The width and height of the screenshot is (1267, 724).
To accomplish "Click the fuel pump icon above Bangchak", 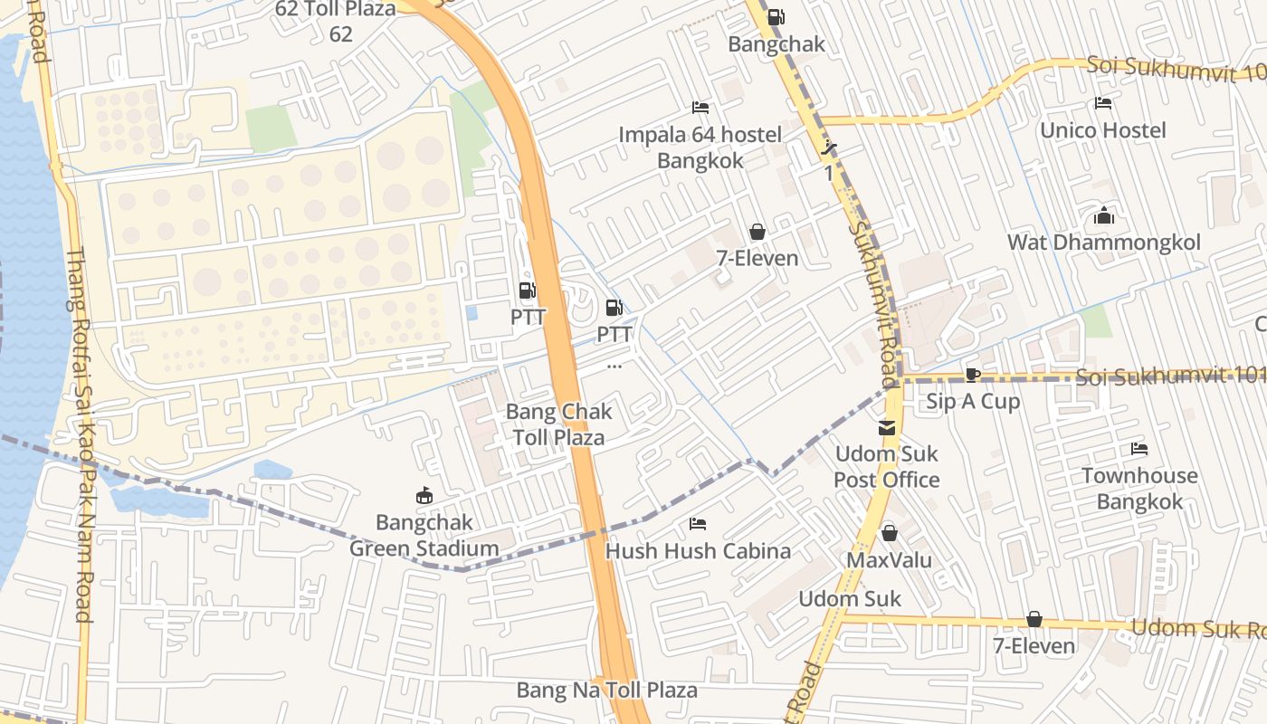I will pyautogui.click(x=776, y=17).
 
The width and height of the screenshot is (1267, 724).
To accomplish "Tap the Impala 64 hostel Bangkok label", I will pyautogui.click(x=700, y=148).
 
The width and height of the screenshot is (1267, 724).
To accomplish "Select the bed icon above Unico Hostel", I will pyautogui.click(x=1102, y=103).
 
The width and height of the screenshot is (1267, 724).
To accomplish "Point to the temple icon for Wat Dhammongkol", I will pyautogui.click(x=1103, y=215).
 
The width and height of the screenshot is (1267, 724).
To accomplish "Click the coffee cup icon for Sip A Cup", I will pyautogui.click(x=972, y=375).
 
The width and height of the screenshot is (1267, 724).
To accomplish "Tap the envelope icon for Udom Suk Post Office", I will pyautogui.click(x=886, y=427).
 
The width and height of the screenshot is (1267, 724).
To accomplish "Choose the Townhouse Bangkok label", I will pyautogui.click(x=1139, y=488).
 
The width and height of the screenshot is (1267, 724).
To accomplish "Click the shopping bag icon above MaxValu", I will pyautogui.click(x=889, y=533).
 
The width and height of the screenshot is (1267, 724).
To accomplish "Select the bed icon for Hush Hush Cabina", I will pyautogui.click(x=697, y=524).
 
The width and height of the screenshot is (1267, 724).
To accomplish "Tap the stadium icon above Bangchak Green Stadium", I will pyautogui.click(x=423, y=495).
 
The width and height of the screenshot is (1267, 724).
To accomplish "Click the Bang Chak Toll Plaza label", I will pyautogui.click(x=559, y=424).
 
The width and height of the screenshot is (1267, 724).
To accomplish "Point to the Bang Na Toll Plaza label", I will pyautogui.click(x=606, y=690).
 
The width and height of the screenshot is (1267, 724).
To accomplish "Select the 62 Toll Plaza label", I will pyautogui.click(x=337, y=21).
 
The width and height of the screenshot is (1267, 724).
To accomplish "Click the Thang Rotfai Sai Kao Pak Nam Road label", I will pyautogui.click(x=80, y=434).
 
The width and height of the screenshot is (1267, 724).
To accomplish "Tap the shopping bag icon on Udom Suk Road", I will pyautogui.click(x=1034, y=619).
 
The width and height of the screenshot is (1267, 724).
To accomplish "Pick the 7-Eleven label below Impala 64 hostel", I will pyautogui.click(x=757, y=258).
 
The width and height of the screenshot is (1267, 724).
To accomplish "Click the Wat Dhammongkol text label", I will pyautogui.click(x=1103, y=243).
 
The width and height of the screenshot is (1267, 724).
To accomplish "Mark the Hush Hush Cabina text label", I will pyautogui.click(x=697, y=551).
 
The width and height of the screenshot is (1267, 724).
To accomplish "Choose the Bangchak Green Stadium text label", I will pyautogui.click(x=424, y=535).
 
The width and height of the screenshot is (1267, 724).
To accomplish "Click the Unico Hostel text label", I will pyautogui.click(x=1102, y=130).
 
